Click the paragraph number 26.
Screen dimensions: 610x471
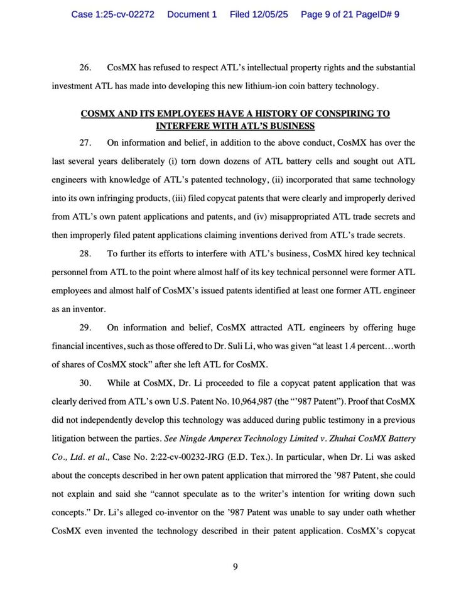coord(86,67)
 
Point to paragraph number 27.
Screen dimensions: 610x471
coord(86,143)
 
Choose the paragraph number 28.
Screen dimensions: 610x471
coord(86,254)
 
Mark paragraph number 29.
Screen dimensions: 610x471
coord(86,327)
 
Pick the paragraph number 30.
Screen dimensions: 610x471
coord(86,383)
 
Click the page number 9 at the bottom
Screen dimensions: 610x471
coord(235,567)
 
